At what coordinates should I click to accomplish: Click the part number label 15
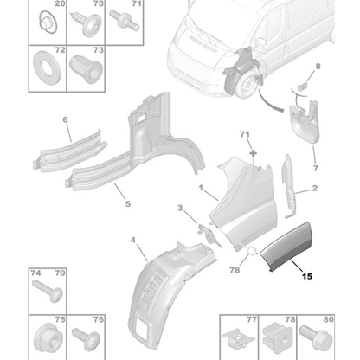[x=309, y=277]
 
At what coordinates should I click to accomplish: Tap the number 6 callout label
[x=64, y=120]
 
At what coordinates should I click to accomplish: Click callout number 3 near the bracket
[x=180, y=209]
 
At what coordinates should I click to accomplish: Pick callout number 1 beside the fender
[x=201, y=187]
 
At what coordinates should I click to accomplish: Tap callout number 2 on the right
[x=313, y=188]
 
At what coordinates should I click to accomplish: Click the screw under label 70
[x=88, y=27]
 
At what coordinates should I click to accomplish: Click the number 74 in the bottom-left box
[x=36, y=273]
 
